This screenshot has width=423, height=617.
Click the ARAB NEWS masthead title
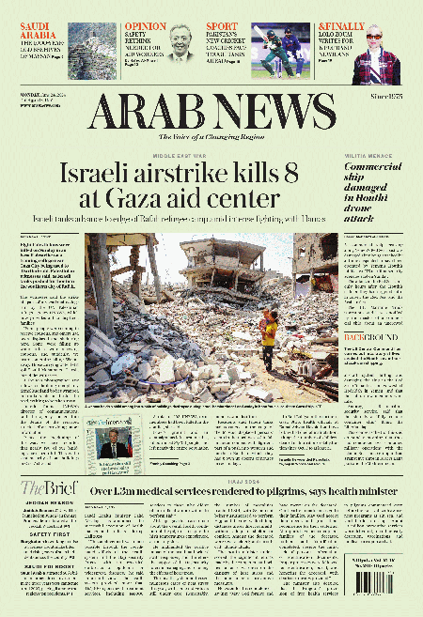coord(211,114)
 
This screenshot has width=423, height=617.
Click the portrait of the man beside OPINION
coord(180,42)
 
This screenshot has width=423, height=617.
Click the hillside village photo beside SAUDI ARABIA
coord(86,47)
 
